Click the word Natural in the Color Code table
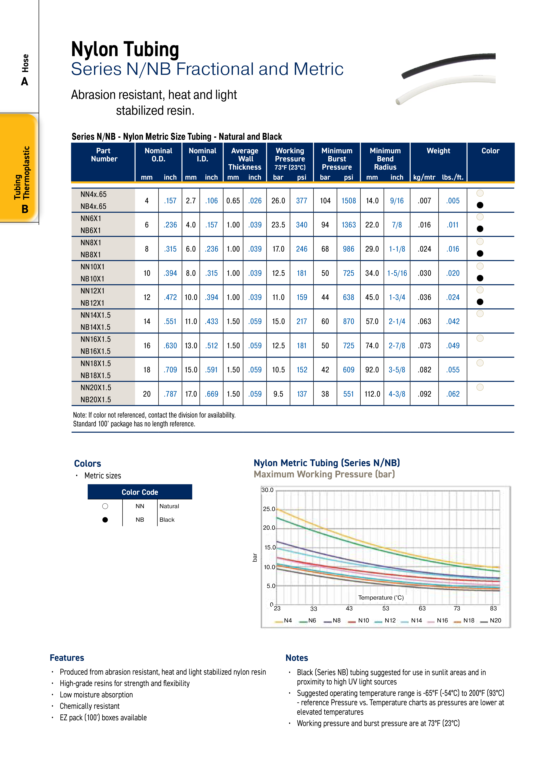pyautogui.click(x=169, y=506)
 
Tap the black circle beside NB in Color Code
pyautogui.click(x=105, y=520)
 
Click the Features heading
pyautogui.click(x=67, y=658)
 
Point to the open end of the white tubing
pyautogui.click(x=398, y=101)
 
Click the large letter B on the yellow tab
pyautogui.click(x=25, y=209)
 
